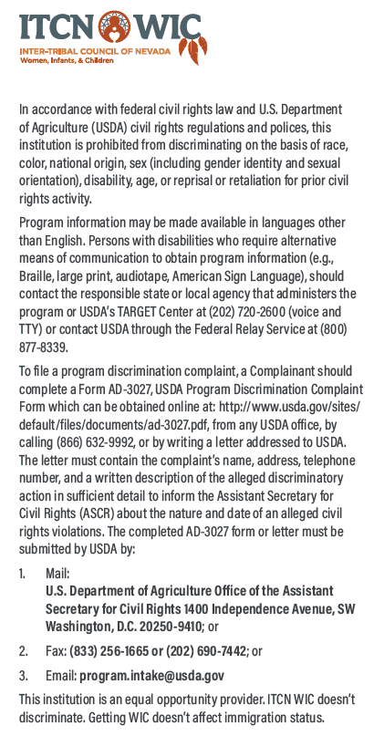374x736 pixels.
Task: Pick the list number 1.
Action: (22, 574)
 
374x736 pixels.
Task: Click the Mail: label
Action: (57, 574)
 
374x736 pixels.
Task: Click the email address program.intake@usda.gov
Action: (151, 676)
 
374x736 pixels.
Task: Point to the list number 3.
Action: (22, 676)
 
